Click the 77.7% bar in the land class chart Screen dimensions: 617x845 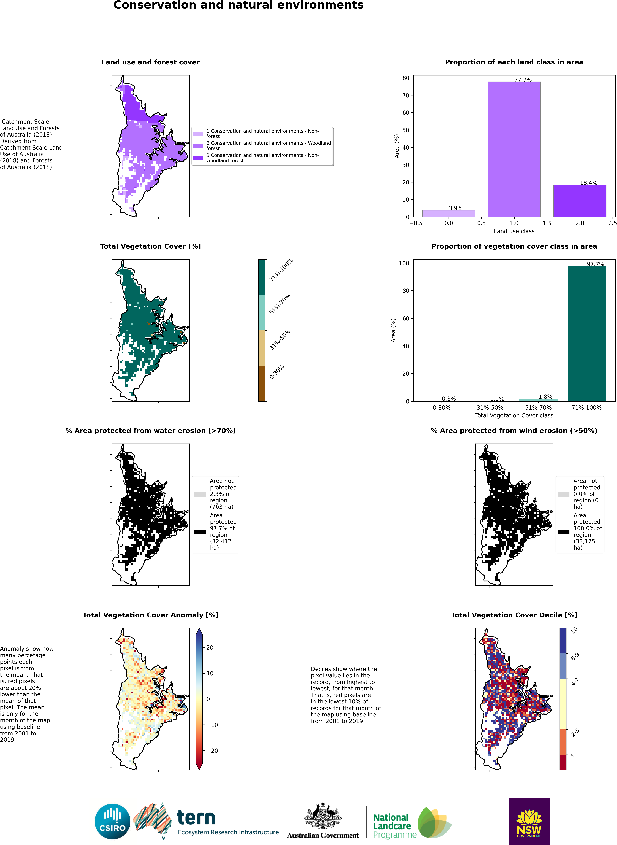514,149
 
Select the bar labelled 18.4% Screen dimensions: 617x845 580,201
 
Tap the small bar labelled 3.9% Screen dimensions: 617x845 449,213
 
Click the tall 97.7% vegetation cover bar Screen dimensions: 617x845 587,333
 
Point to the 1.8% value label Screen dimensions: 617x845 545,397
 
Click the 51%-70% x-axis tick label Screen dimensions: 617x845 538,407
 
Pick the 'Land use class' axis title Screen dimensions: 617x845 514,231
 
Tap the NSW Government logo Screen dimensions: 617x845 529,821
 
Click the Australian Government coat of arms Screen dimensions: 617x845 323,816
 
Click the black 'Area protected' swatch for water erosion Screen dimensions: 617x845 200,532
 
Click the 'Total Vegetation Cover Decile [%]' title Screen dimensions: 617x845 514,615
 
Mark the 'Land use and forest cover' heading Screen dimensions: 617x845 151,62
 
